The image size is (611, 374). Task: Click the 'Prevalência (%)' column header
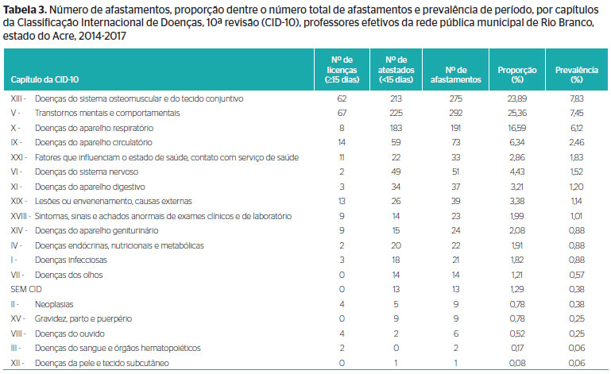[x=576, y=75]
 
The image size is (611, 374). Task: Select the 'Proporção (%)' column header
[x=517, y=75]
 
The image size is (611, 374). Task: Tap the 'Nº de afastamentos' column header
[x=455, y=75]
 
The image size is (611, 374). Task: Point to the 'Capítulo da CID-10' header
[x=44, y=79]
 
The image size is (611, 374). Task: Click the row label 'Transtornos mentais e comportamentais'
[x=107, y=114]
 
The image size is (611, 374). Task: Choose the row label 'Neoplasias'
[x=54, y=304]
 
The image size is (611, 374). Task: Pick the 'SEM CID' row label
[x=26, y=290]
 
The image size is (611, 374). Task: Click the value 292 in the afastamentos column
[x=455, y=114]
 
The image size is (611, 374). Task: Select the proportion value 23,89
[x=517, y=99]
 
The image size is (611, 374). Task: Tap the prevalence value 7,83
[x=576, y=99]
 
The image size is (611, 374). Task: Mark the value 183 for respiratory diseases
[x=396, y=128]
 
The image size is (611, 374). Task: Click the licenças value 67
[x=342, y=114]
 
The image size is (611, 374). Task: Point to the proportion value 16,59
[x=517, y=128]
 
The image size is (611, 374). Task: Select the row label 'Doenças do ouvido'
[x=70, y=334]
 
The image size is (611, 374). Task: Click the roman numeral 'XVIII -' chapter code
[x=21, y=216]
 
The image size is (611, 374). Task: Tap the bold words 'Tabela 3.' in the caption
[x=25, y=10]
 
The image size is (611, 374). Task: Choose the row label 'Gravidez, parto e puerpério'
[x=83, y=319]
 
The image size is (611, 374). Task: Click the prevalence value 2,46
[x=576, y=143]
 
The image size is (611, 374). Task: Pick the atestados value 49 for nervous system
[x=396, y=172]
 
